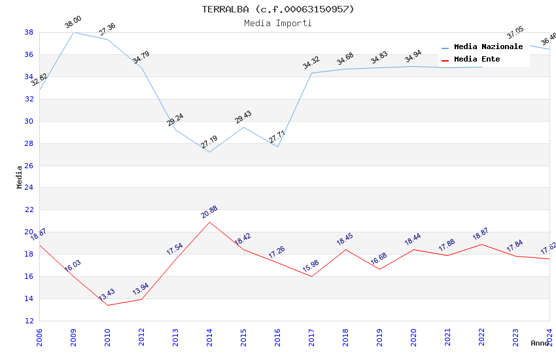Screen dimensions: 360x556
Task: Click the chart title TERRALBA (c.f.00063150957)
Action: click(x=278, y=9)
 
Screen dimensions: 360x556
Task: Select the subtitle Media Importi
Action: click(x=278, y=23)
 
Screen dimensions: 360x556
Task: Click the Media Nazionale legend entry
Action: click(x=488, y=46)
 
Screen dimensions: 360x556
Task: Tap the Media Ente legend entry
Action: click(x=477, y=59)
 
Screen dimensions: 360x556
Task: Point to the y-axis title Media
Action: click(x=19, y=177)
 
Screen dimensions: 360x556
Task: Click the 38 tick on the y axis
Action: click(x=29, y=32)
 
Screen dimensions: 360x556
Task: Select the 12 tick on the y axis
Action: click(x=29, y=321)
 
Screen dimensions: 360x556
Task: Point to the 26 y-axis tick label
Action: click(x=29, y=166)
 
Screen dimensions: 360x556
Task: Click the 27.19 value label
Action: click(x=209, y=142)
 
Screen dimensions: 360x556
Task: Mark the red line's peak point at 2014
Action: click(x=209, y=222)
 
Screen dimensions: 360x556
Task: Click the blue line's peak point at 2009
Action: click(x=73, y=32)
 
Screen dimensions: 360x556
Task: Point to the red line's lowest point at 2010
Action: click(x=107, y=305)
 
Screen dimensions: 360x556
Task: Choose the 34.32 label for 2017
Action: click(x=311, y=63)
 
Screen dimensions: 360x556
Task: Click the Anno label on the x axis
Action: click(x=540, y=343)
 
